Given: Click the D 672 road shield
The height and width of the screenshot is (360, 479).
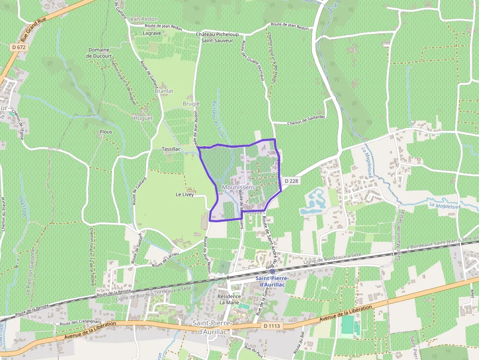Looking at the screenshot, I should (x=18, y=47).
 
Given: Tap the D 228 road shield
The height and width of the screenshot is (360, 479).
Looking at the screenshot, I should (x=290, y=181).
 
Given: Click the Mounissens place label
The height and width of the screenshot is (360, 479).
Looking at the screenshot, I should (x=238, y=187).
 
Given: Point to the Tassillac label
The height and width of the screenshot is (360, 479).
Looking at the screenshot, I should (x=171, y=149).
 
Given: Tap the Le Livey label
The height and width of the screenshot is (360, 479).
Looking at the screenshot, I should (x=185, y=194).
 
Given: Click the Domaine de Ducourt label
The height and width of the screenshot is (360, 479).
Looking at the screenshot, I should (x=99, y=53).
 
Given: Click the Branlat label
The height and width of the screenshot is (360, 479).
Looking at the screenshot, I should (x=164, y=91).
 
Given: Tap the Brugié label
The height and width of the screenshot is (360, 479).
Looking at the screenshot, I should (x=191, y=104).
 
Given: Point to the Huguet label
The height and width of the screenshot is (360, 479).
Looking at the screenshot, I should (x=143, y=118).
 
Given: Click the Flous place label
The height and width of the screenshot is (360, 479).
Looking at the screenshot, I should (x=106, y=132).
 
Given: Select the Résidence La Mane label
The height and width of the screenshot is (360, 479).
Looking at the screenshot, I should (x=229, y=299).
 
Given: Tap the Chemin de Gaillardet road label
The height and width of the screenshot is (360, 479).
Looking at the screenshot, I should (x=306, y=123).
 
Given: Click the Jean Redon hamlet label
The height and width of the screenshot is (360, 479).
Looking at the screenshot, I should (x=143, y=19).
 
